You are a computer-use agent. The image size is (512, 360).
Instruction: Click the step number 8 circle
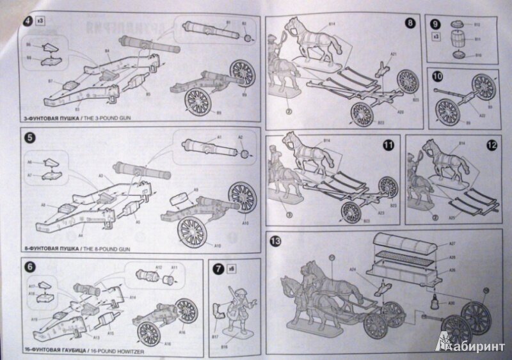(410, 25)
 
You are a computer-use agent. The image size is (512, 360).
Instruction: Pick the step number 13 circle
(276, 241)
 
